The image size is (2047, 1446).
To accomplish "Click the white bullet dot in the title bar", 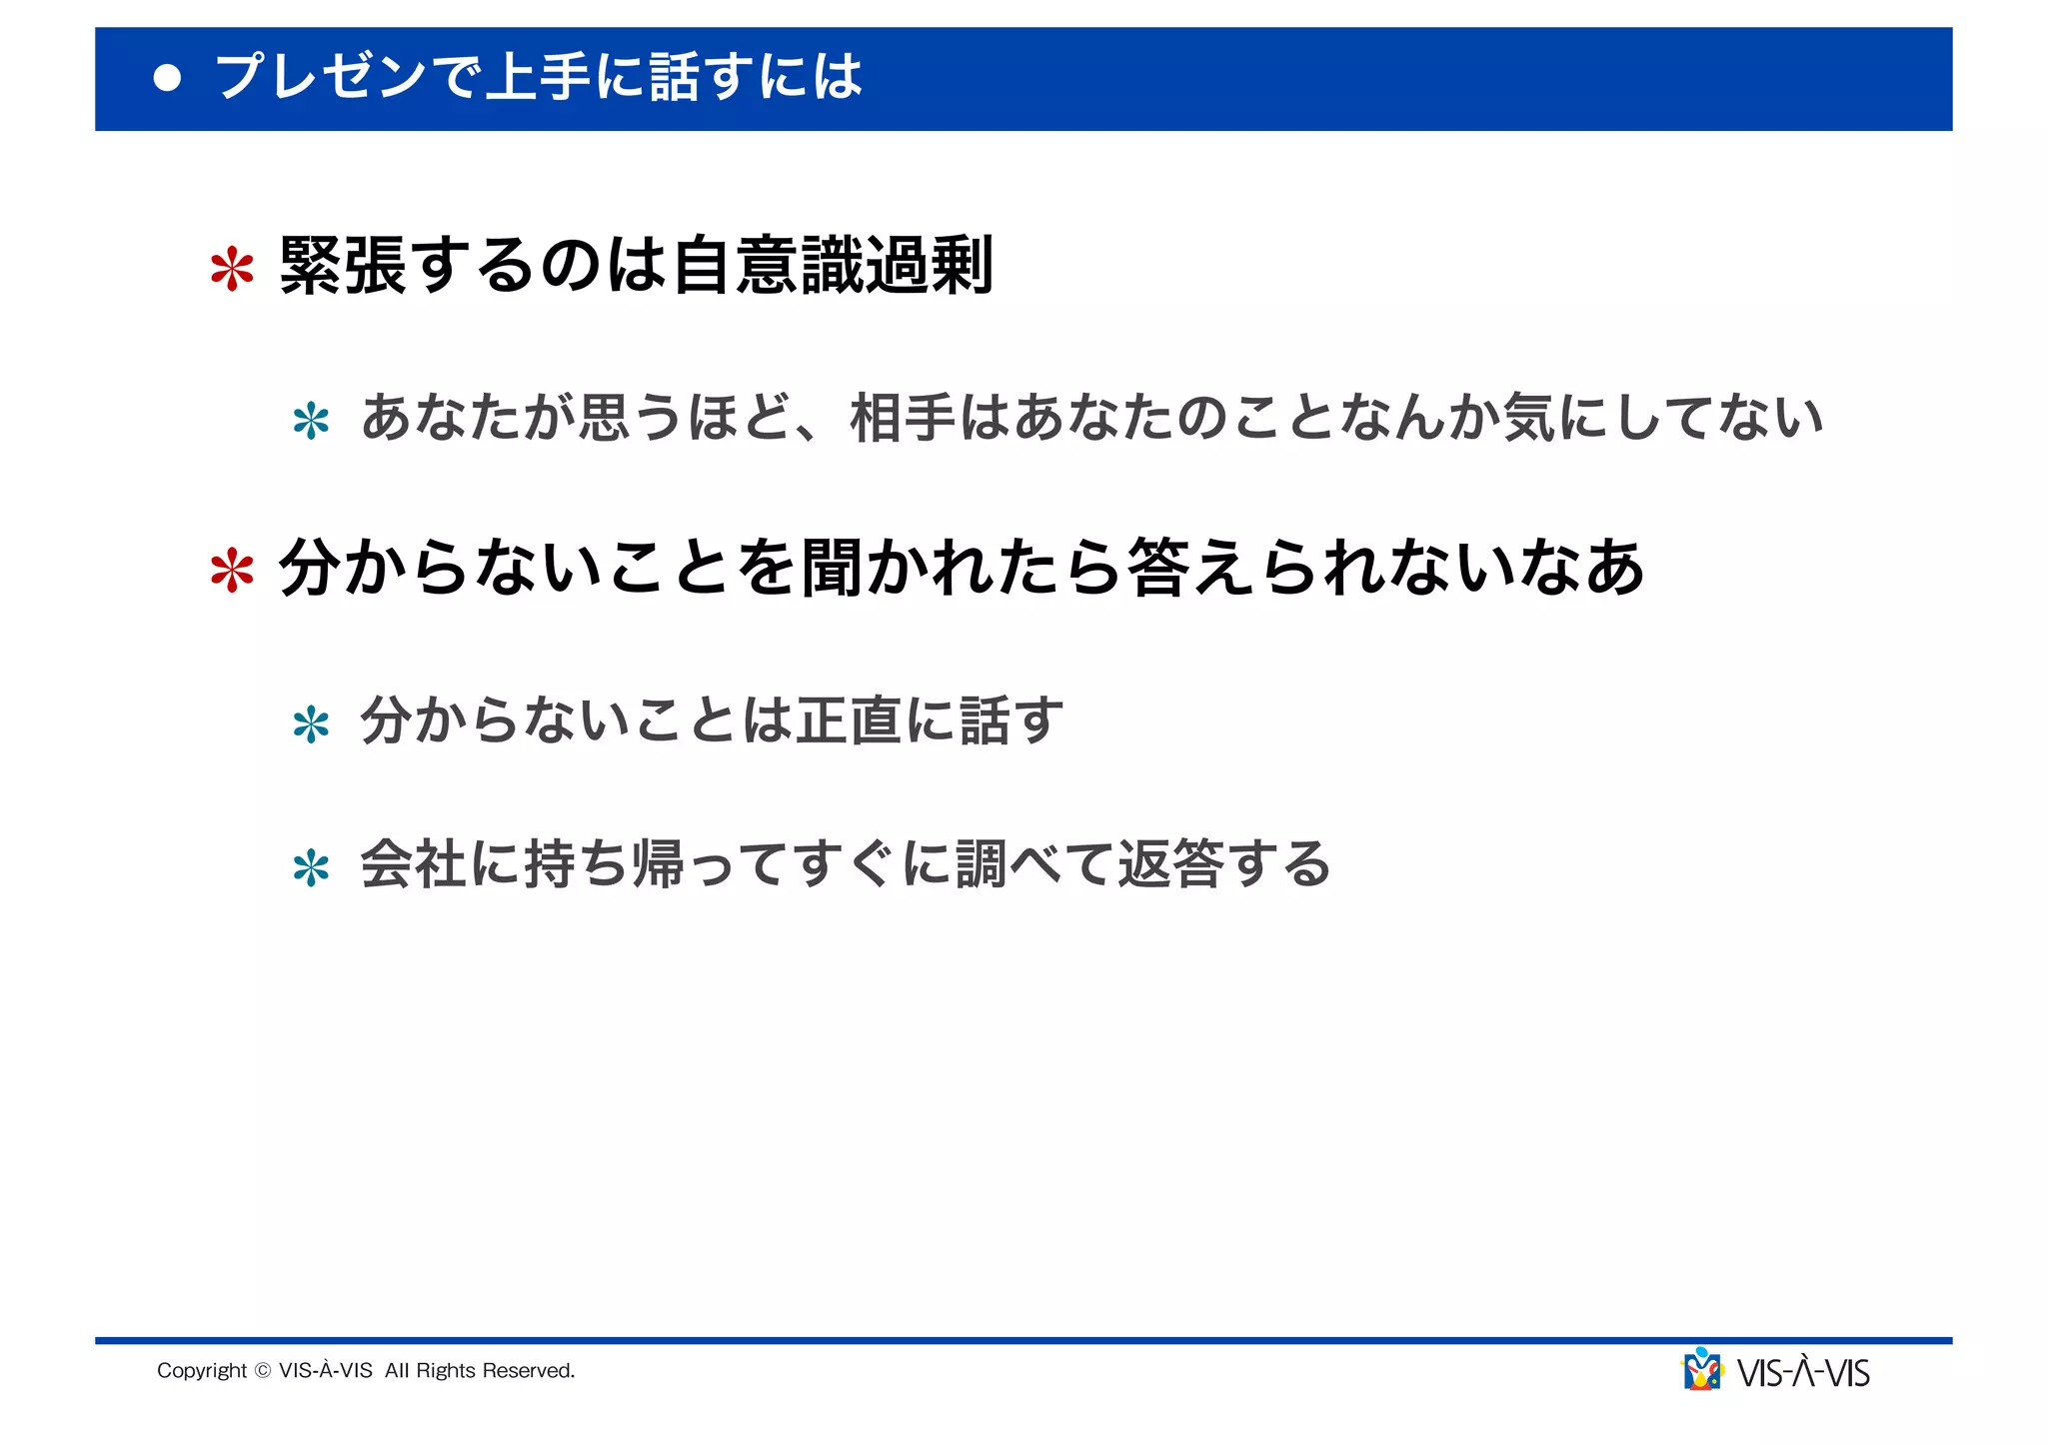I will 168,79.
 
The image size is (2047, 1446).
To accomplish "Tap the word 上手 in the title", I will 537,77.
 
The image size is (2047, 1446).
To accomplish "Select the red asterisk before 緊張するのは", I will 232,270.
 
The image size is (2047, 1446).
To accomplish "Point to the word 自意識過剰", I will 833,266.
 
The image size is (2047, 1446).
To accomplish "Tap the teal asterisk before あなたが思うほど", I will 311,422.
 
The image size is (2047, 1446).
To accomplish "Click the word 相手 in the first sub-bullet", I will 903,418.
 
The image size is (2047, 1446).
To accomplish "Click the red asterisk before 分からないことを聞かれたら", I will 232,572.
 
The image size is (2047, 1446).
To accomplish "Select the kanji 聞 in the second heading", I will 832,568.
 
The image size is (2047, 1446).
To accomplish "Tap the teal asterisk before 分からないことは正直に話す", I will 311,724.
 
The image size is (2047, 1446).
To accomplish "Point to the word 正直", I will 849,721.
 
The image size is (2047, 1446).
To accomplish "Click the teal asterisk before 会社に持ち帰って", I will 311,868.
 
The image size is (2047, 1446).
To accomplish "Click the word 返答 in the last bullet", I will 1170,864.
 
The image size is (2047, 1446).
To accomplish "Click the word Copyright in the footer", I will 202,1371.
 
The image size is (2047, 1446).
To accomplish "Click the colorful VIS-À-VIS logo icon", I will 1702,1370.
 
